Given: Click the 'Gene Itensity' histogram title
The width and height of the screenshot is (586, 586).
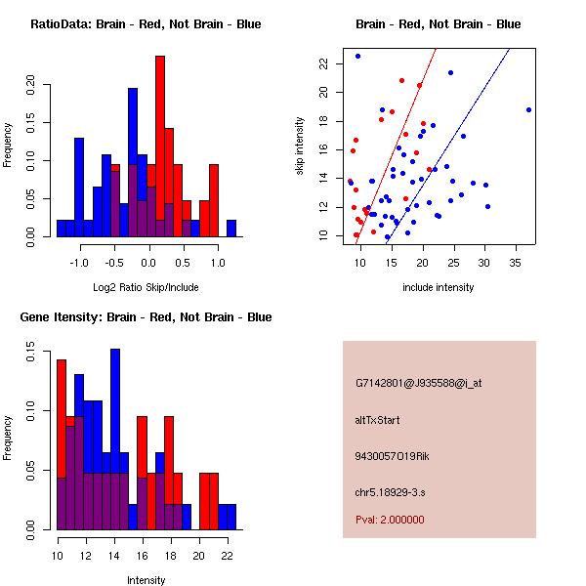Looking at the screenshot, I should coord(146,317).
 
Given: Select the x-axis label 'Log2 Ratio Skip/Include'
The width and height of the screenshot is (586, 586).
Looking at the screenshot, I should coord(146,288).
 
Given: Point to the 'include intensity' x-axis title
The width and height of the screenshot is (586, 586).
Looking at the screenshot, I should coord(438,288).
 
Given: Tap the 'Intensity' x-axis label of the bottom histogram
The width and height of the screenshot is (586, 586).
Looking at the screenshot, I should coord(146,580).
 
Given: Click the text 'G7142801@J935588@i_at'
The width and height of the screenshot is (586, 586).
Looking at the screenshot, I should coord(419,383).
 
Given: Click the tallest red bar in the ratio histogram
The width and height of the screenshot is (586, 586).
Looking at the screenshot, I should coord(160,146).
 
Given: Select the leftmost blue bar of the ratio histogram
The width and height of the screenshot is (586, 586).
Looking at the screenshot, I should coord(61,229).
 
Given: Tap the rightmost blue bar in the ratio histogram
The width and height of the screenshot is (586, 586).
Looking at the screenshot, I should coord(231,229).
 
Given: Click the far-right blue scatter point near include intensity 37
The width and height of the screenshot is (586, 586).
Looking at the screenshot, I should coord(528,109).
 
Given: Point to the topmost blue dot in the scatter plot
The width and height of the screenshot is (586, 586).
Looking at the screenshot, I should coord(357,56).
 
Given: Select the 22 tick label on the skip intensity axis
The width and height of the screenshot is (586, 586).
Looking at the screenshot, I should coord(323,63).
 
